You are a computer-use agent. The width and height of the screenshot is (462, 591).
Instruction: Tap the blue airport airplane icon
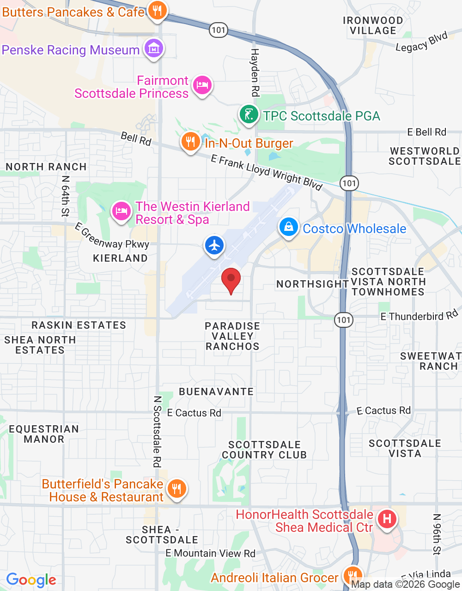214,245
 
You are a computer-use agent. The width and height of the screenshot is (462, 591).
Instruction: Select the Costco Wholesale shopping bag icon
289,227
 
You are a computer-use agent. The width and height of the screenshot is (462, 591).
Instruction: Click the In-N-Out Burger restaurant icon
190,142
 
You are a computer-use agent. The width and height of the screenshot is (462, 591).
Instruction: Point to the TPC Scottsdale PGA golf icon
249,114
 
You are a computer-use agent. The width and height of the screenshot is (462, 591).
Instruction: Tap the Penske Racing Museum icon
153,48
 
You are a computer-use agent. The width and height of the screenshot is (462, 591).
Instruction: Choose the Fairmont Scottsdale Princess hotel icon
202,85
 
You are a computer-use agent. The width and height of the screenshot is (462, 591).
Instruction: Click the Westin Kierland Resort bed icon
121,212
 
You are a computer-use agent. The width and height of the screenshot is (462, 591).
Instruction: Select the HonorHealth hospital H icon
387,519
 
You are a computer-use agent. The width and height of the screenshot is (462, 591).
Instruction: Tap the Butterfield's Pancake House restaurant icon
176,488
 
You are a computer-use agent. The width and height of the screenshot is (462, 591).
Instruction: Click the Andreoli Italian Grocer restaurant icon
353,575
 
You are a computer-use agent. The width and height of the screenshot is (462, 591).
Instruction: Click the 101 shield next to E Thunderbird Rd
344,320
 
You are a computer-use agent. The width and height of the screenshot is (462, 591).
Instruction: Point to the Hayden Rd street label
255,72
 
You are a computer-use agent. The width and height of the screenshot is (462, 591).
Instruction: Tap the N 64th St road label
65,196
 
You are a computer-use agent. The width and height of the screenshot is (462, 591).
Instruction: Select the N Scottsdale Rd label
158,431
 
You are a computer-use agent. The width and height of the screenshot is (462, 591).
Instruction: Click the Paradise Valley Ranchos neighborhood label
232,336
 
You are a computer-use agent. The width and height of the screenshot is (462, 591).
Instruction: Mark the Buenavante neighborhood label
216,392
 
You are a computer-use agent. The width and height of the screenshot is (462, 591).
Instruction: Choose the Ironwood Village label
373,25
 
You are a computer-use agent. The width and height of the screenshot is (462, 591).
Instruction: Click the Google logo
31,580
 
